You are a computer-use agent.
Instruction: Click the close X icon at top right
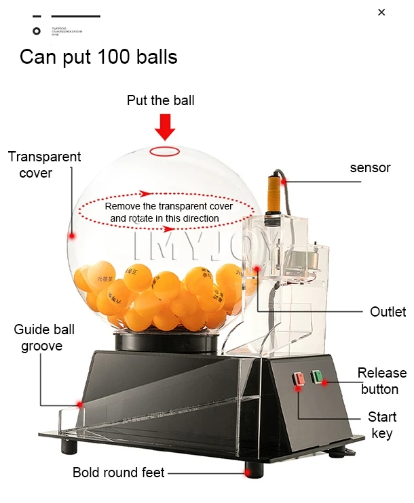coord(381,12)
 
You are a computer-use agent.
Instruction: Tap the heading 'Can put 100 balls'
coord(98,56)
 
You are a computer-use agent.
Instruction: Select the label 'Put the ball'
coord(161,100)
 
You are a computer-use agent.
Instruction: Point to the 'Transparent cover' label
coord(44,165)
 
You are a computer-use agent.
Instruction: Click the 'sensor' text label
coord(370,167)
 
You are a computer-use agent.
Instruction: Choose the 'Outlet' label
coord(388,312)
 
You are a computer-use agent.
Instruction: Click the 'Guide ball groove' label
coord(44,338)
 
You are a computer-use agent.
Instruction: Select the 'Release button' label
coord(382,380)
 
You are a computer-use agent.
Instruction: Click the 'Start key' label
coord(382,424)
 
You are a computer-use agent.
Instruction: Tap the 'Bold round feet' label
coord(119,472)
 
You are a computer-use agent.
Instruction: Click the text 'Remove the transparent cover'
coord(168,205)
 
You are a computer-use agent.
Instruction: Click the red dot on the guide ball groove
coord(79,404)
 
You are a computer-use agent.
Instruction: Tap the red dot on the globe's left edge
coord(71,236)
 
